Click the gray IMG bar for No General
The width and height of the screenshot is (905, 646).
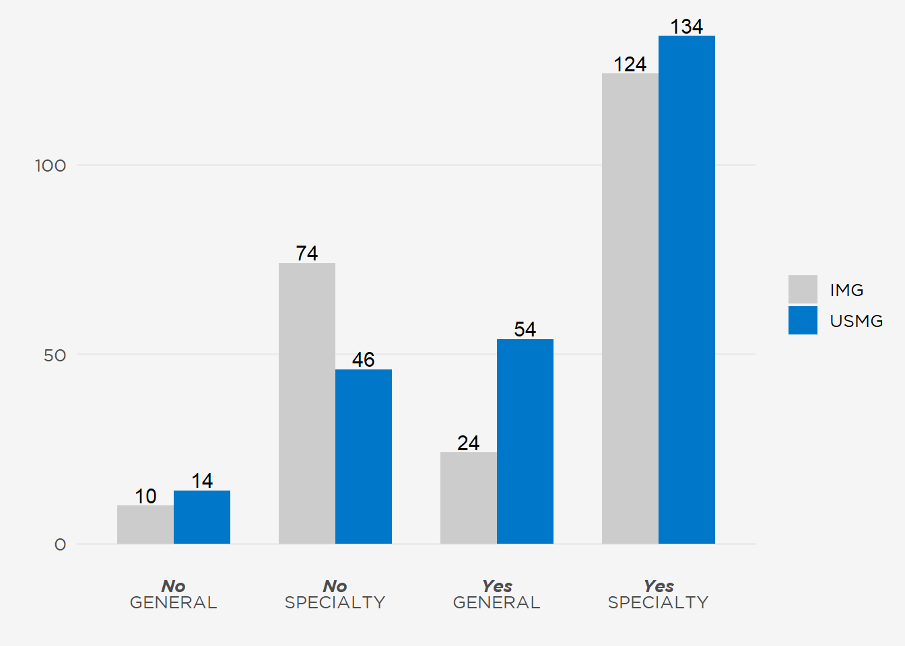pos(145,524)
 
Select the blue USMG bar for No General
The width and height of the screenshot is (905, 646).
pos(202,517)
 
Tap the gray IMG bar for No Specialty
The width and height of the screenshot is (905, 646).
pos(307,403)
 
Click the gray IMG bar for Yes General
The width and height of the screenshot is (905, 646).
pos(469,498)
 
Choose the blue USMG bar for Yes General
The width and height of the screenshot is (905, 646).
pos(525,441)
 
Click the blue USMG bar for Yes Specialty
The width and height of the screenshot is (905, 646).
pos(687,289)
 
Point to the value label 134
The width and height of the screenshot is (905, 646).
pos(687,26)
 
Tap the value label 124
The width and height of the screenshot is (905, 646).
pos(630,64)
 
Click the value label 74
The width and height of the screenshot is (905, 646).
pos(307,253)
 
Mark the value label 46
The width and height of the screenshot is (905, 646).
pos(364,359)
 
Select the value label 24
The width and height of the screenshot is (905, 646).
pos(469,443)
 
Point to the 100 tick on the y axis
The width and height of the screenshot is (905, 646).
pos(51,166)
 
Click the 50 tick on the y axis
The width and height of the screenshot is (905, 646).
pos(55,355)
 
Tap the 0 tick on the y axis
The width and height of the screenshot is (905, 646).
pos(61,544)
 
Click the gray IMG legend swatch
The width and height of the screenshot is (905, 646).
pos(803,289)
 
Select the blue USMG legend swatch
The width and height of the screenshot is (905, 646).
pos(803,320)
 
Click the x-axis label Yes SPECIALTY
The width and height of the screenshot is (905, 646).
pos(658,594)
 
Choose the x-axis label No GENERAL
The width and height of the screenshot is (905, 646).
pos(173,594)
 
